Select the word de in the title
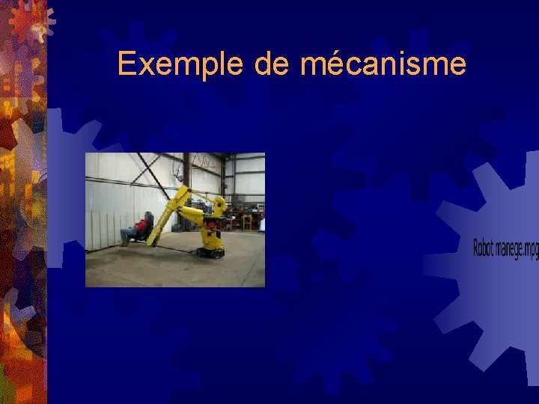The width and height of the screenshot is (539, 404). [272, 64]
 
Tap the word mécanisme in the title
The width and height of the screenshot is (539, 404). [383, 64]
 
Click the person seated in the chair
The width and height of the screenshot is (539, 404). [138, 228]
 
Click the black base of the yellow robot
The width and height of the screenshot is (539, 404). [209, 251]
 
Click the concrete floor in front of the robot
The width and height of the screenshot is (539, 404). [180, 269]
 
